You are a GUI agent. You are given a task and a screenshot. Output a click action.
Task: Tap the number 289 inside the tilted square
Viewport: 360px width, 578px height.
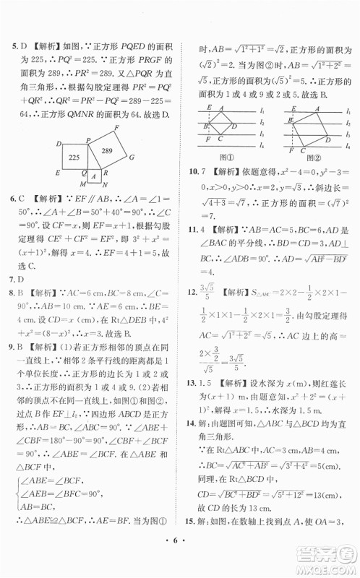point(108,150)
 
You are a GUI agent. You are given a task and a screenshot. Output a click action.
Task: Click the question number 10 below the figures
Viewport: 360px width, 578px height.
point(192,171)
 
